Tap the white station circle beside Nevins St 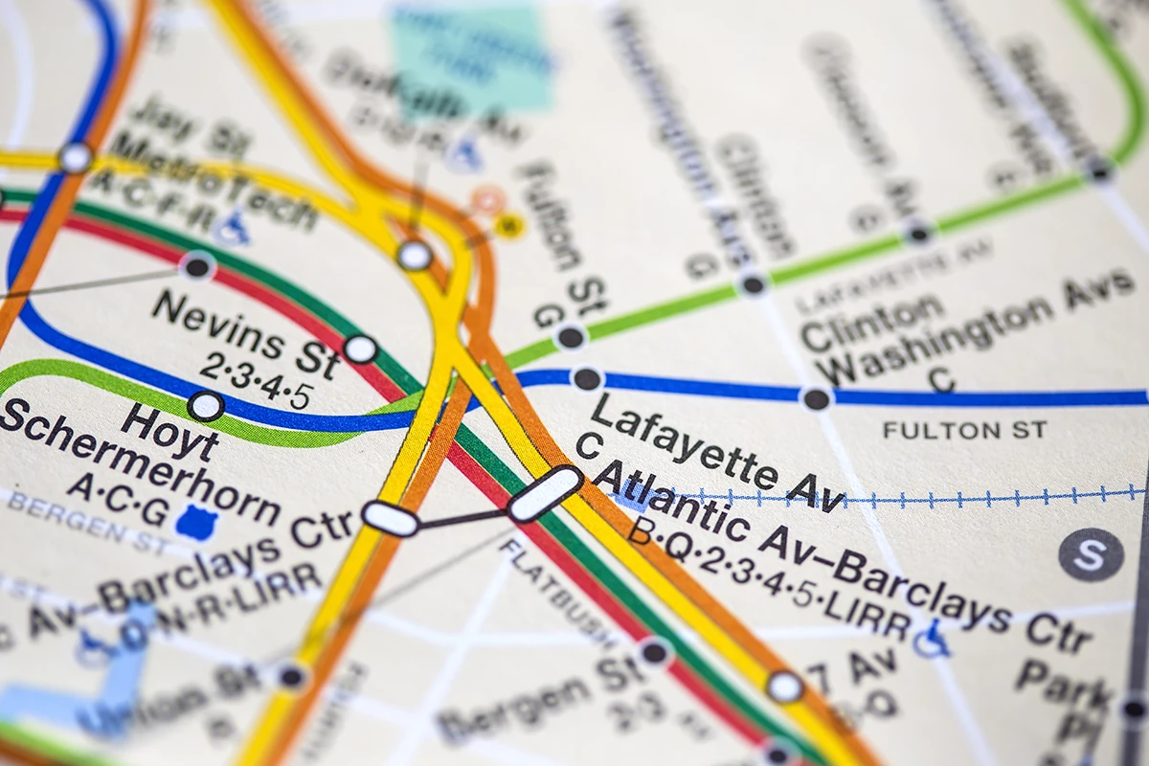click(360, 349)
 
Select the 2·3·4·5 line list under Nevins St click(255, 380)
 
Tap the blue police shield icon click(196, 522)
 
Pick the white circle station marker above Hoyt click(205, 406)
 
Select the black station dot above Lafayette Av click(586, 378)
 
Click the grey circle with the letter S click(1091, 554)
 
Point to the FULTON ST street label click(964, 430)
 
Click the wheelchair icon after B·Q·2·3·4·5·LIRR click(931, 639)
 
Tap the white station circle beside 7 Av click(784, 686)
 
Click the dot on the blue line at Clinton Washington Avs click(816, 398)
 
